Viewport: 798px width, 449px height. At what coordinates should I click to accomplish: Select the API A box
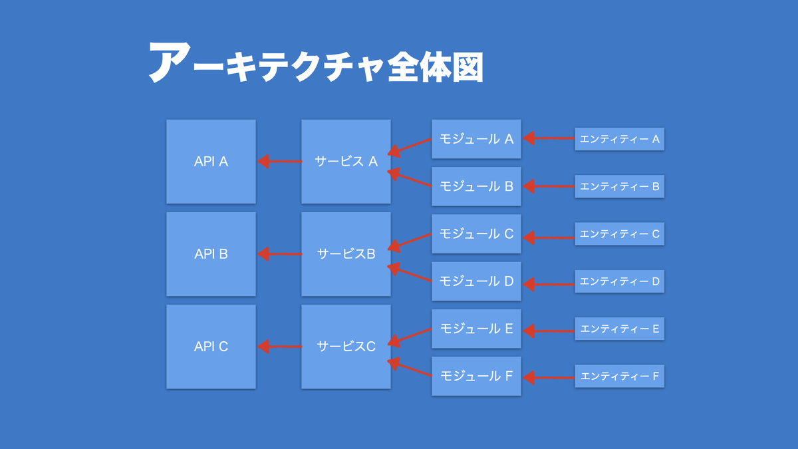pos(211,162)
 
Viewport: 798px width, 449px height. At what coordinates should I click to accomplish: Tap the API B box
pos(211,254)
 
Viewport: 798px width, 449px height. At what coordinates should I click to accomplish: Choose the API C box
pos(211,347)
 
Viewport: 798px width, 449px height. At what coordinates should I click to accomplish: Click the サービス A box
pos(346,162)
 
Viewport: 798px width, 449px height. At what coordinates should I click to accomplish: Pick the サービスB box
pos(346,254)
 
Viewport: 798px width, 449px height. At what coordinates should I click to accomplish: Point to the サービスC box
pos(346,347)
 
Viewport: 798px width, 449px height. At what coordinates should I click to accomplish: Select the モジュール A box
pos(476,139)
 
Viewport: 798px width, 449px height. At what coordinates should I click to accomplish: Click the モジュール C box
pos(476,233)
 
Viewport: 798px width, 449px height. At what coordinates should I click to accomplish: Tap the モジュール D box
pos(476,281)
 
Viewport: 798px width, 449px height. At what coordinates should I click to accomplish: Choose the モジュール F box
pos(476,375)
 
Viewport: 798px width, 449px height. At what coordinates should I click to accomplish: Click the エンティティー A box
pos(619,139)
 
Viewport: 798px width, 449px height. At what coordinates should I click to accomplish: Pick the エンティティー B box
pos(619,186)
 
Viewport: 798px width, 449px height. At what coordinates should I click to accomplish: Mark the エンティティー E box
pos(619,328)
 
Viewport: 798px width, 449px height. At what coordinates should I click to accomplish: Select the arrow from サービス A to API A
pos(279,162)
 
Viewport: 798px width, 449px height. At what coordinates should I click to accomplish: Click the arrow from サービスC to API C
pos(279,347)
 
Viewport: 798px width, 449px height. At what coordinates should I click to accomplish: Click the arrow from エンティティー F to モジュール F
pos(549,378)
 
